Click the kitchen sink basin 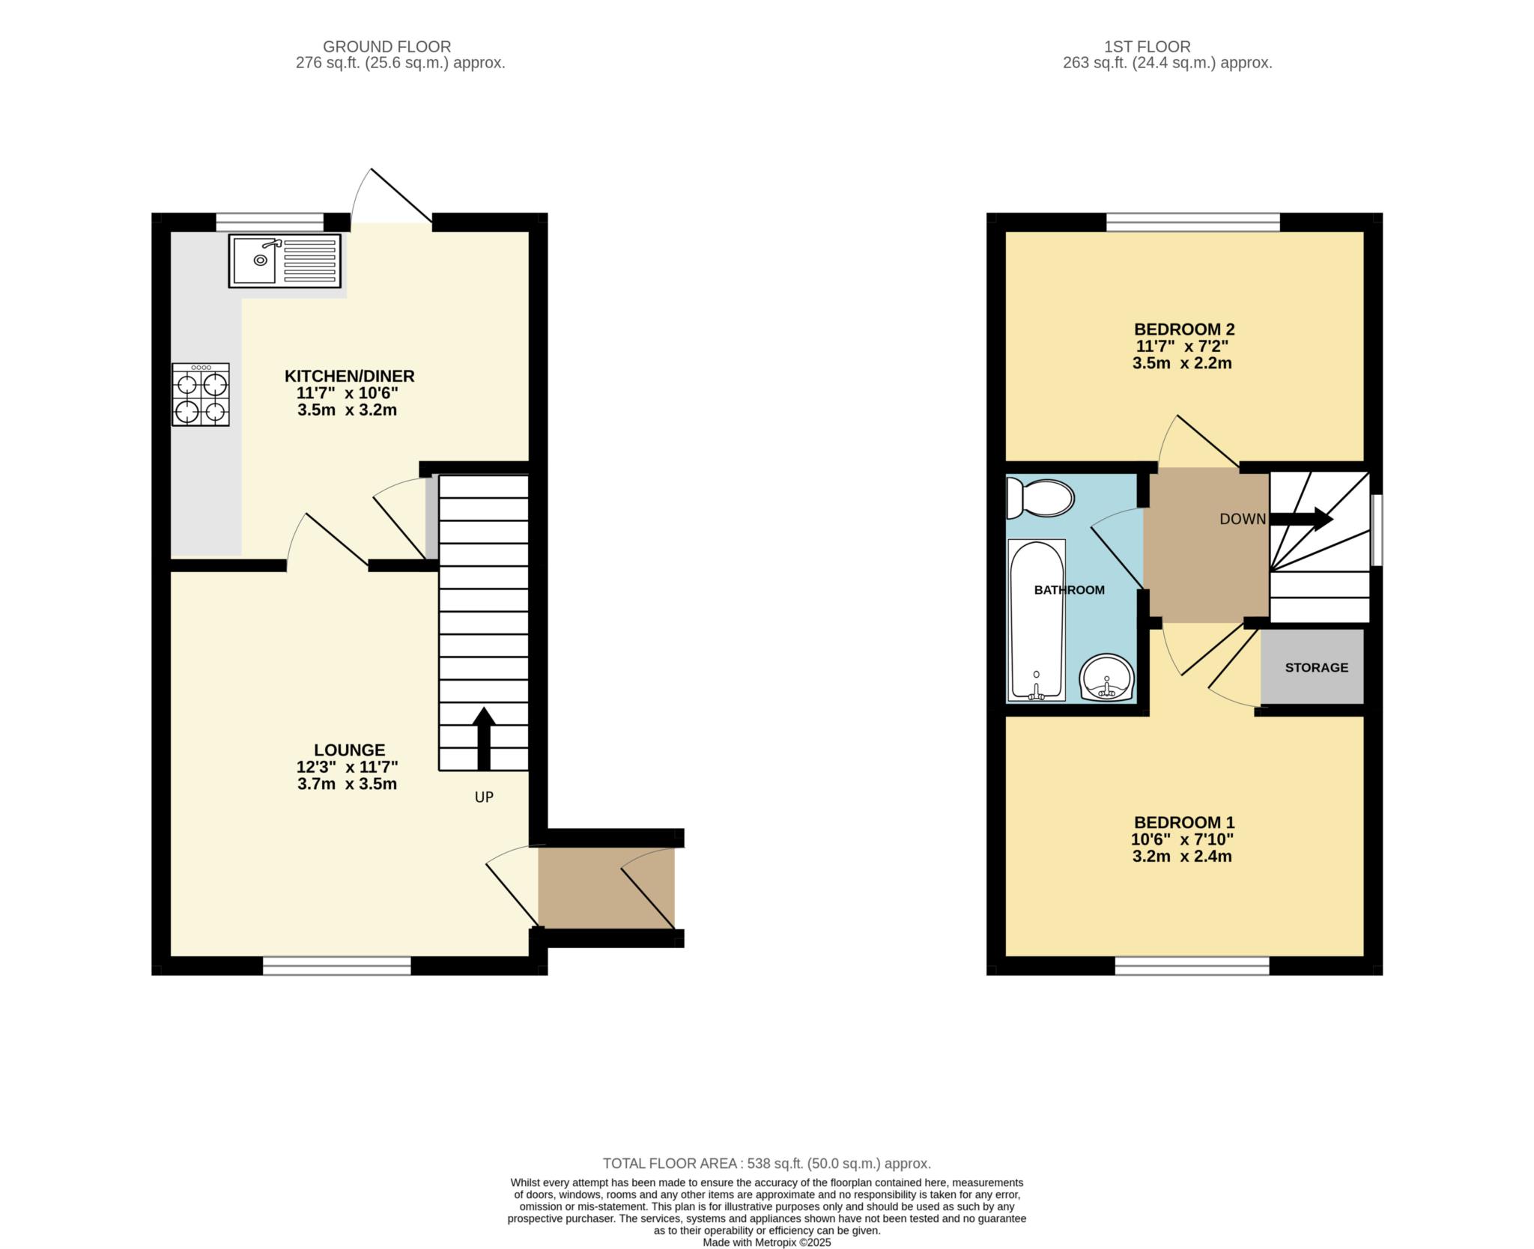(254, 261)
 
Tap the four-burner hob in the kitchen (201, 395)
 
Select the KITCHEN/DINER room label (349, 376)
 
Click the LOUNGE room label (349, 750)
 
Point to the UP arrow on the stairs (484, 738)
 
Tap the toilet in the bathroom (1040, 498)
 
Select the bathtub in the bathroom (1037, 620)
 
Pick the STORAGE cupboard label (1316, 667)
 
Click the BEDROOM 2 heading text (1184, 329)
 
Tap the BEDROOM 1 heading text (1184, 822)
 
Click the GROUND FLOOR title (386, 46)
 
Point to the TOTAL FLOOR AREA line (767, 1164)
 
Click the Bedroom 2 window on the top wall (1193, 222)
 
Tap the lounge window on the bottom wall (337, 966)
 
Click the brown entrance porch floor (607, 888)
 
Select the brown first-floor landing (1206, 545)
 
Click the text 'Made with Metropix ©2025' (767, 1242)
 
